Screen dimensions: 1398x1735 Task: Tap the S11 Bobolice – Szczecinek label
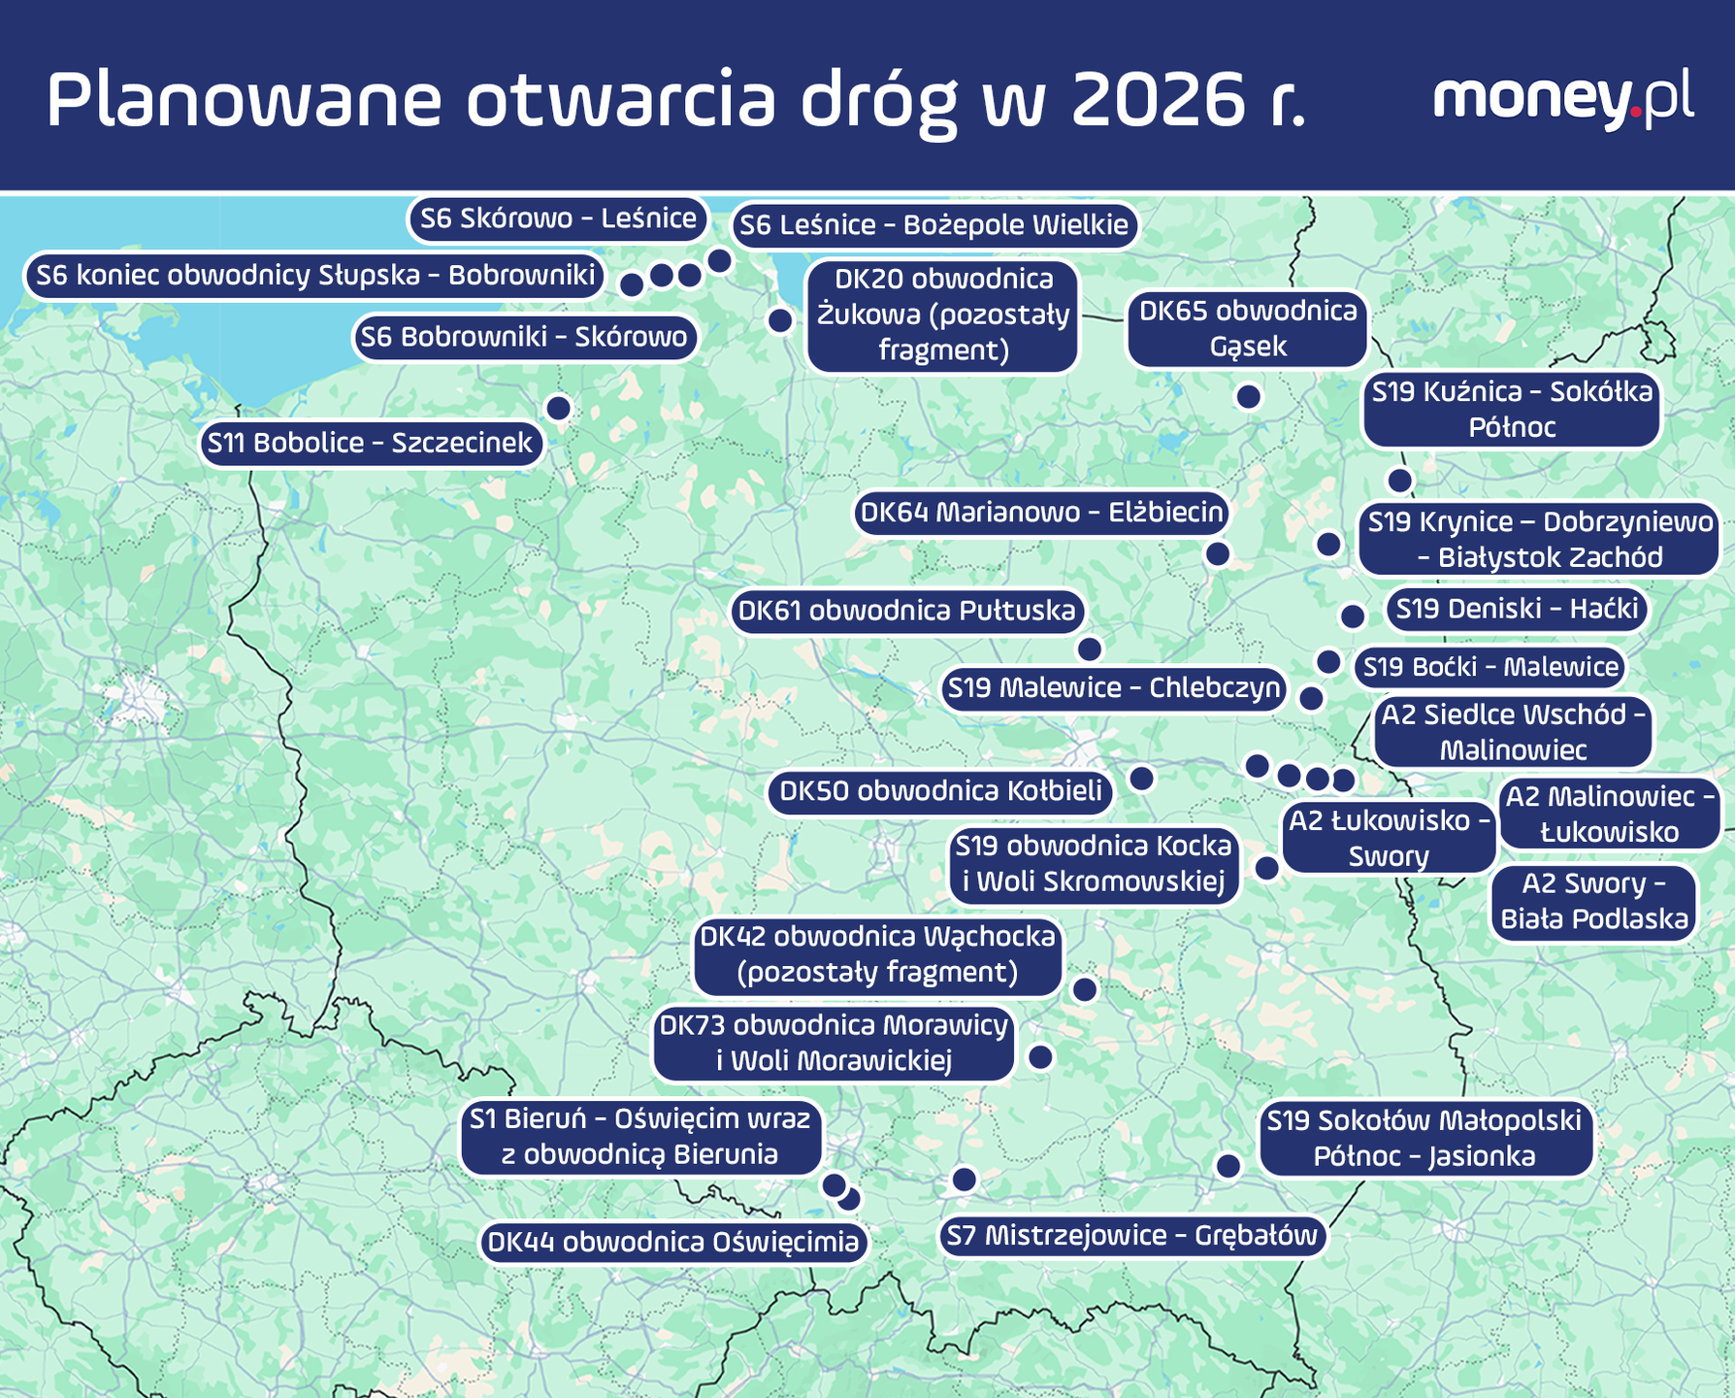click(371, 444)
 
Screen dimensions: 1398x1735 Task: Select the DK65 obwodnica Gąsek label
click(1248, 329)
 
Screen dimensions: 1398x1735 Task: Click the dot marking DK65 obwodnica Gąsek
click(1249, 396)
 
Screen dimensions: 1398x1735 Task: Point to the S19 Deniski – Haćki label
click(1515, 610)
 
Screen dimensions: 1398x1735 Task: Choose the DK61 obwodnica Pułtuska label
click(907, 612)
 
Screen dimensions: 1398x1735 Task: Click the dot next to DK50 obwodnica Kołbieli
click(1142, 778)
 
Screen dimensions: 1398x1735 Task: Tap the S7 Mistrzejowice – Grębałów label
click(1132, 1236)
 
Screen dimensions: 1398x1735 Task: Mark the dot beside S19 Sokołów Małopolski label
click(1228, 1166)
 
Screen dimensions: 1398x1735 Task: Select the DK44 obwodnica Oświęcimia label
click(673, 1243)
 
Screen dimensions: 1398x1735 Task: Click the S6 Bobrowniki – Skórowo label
click(524, 338)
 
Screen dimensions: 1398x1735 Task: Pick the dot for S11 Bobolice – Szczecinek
click(558, 408)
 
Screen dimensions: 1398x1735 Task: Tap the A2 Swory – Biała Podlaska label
click(1594, 902)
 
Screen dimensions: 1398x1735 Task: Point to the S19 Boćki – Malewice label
click(1490, 667)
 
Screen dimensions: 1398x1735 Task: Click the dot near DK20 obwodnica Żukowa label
click(780, 320)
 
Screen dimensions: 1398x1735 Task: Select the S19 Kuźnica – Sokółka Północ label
click(1512, 410)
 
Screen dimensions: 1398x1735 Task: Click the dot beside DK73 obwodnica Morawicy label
click(1040, 1056)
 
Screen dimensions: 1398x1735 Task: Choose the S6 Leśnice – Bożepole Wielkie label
click(933, 226)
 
